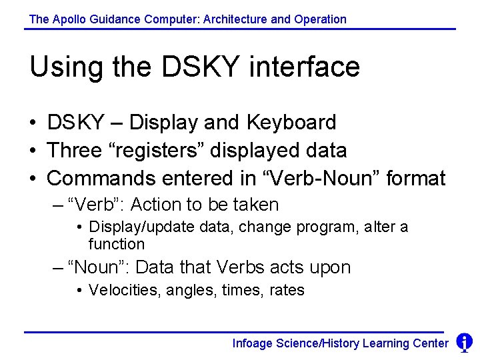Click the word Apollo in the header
(x=66, y=19)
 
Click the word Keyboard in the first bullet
(x=291, y=123)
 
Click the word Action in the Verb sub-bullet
(x=155, y=205)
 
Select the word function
(x=116, y=244)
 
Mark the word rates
(x=287, y=291)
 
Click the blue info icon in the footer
(x=464, y=343)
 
